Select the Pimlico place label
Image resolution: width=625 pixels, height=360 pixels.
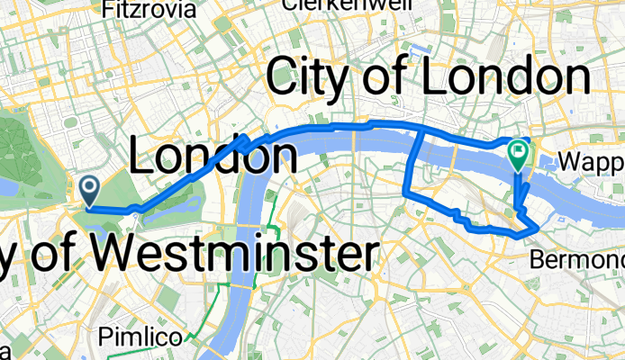click(145, 337)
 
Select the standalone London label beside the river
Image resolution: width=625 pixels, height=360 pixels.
click(214, 157)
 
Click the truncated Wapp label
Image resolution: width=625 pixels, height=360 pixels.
click(592, 162)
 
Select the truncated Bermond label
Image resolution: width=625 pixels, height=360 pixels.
click(575, 259)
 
